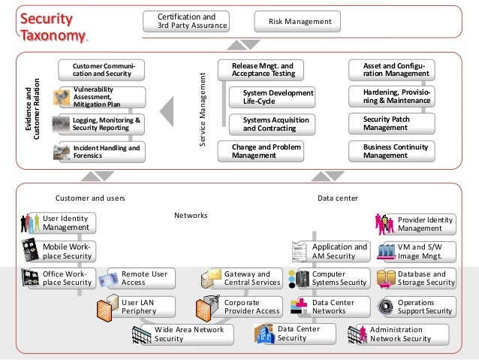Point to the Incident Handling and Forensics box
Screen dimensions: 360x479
coord(105,152)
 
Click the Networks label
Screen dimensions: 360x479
coord(191,216)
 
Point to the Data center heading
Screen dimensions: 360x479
coord(338,198)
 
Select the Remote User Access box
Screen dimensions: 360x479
coord(143,278)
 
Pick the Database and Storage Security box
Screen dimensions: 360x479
coord(425,278)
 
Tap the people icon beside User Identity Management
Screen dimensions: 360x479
coord(29,222)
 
